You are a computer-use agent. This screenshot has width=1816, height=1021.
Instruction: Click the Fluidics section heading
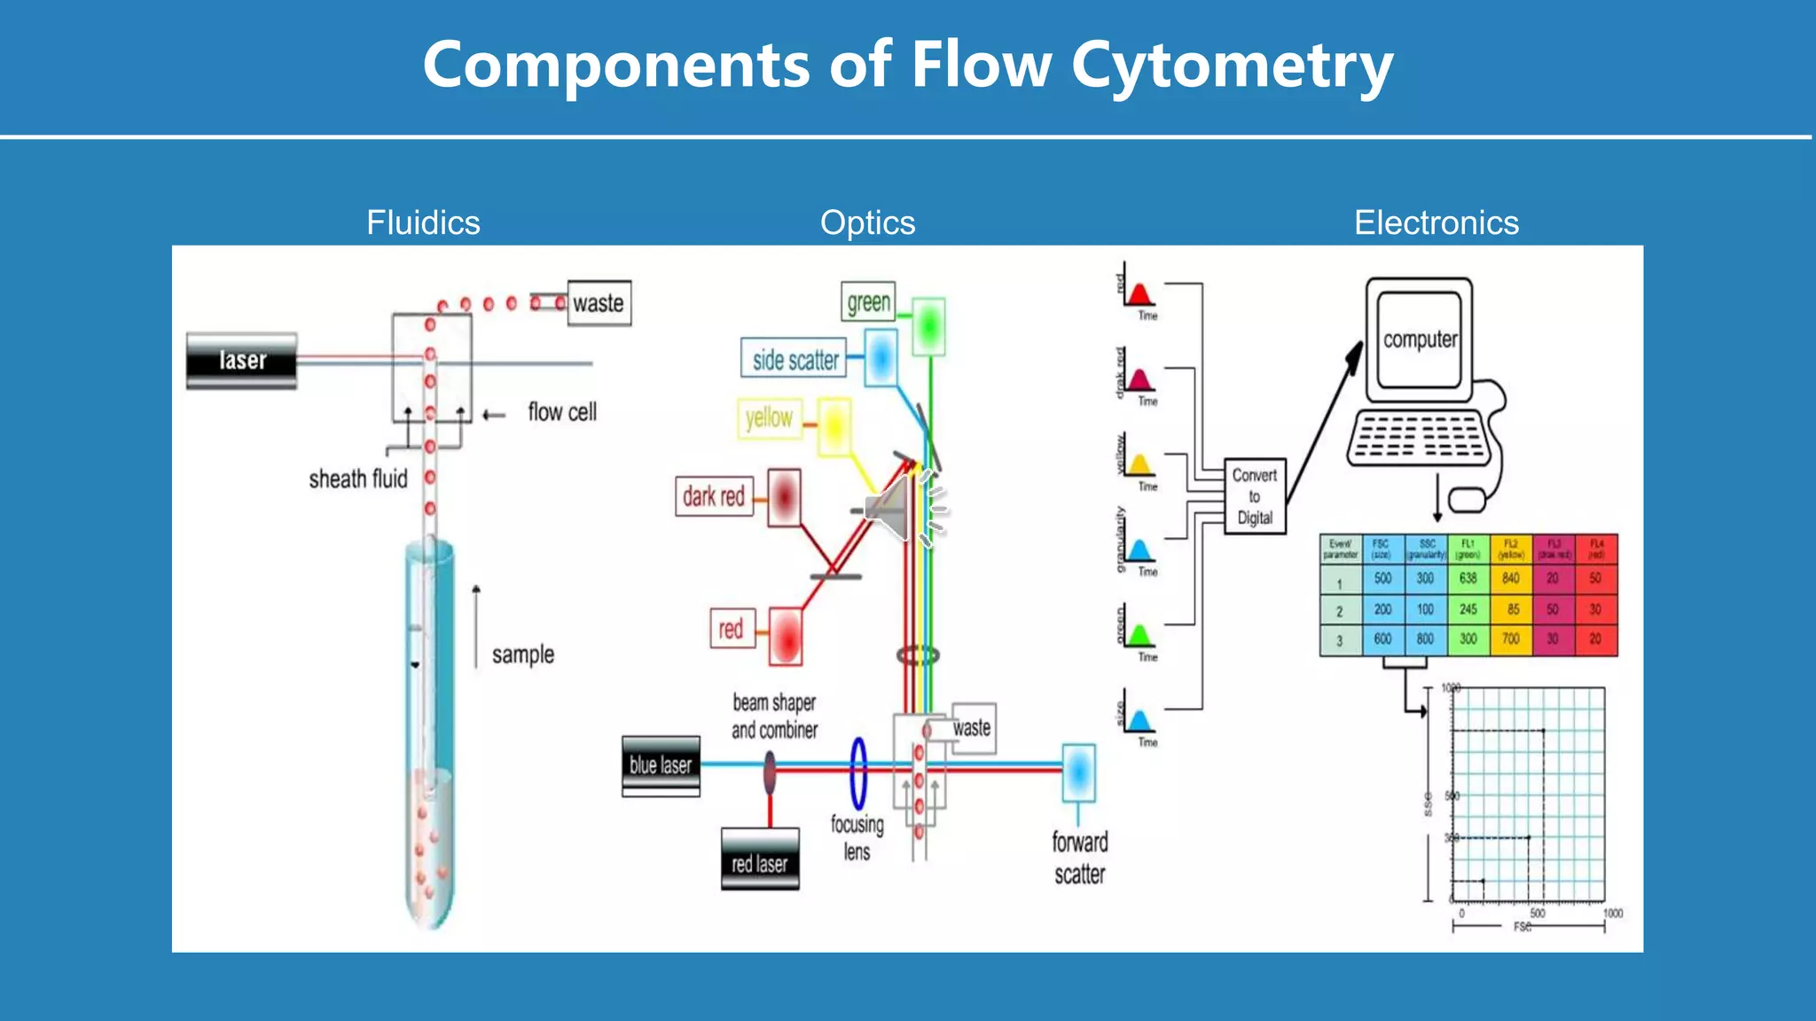(423, 222)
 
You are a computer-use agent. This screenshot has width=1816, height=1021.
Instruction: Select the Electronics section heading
(1436, 222)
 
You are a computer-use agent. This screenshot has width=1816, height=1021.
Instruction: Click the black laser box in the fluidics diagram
(241, 360)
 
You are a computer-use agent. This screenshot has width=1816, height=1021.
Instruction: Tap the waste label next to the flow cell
(599, 303)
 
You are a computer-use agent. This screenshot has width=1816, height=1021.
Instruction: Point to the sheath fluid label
(358, 479)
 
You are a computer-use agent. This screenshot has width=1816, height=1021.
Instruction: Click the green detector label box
(868, 302)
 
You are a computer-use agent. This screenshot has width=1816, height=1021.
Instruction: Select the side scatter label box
(794, 359)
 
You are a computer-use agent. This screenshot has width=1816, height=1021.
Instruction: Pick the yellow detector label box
(769, 417)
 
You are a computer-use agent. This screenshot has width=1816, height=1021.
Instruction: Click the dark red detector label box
(714, 496)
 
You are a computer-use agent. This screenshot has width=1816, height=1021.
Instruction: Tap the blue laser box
(661, 765)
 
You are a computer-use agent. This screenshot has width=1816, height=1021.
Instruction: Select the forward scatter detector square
(1078, 772)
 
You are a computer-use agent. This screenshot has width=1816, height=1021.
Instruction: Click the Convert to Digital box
(1254, 496)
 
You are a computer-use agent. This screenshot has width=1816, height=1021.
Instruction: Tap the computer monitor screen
(1419, 339)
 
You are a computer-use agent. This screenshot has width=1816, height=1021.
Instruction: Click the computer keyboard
(1419, 437)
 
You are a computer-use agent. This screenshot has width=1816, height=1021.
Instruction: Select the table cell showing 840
(1511, 579)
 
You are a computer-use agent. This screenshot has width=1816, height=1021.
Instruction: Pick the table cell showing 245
(1468, 610)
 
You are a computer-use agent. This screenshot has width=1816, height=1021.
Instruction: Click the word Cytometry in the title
(1232, 66)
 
